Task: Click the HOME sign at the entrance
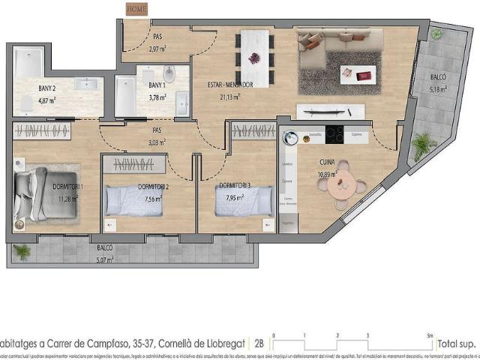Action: [x=136, y=9]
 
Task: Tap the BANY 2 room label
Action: [x=46, y=88]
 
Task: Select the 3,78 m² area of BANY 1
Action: [x=157, y=97]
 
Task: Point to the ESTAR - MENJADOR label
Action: [x=229, y=85]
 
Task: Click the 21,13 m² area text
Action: [x=229, y=96]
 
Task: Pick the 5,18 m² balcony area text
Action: [x=438, y=88]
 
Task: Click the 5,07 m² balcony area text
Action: [x=104, y=259]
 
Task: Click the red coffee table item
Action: [x=364, y=74]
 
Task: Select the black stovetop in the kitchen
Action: [x=334, y=136]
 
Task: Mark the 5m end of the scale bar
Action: [x=429, y=335]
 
